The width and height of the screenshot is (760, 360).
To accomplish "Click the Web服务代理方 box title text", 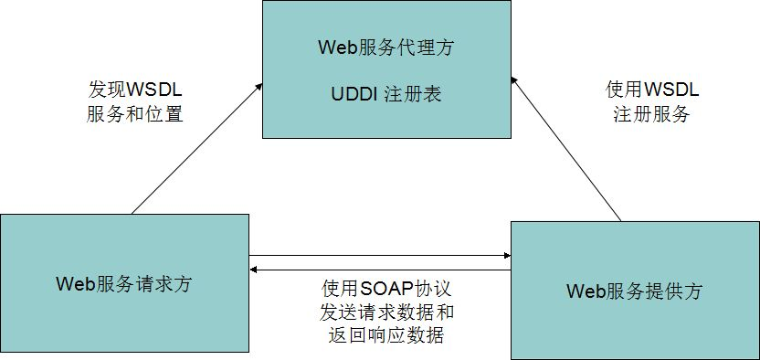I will [x=385, y=48].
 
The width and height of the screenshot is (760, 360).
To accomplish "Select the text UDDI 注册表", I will [x=385, y=94].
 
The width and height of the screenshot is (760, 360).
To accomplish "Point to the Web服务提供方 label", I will [x=635, y=291].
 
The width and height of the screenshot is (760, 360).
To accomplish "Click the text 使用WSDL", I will [x=651, y=90].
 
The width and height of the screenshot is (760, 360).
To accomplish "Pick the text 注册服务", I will [x=651, y=115].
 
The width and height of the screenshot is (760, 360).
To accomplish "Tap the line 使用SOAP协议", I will [x=387, y=287].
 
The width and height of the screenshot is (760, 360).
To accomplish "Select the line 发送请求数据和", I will [x=387, y=312].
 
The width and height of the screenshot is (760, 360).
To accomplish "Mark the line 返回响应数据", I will [x=387, y=335].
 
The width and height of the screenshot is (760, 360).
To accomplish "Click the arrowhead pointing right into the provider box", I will [x=505, y=255].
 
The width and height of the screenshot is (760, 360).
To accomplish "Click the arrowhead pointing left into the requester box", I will [x=255, y=270].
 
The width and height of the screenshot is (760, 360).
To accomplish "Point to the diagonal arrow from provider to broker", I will [x=566, y=150].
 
